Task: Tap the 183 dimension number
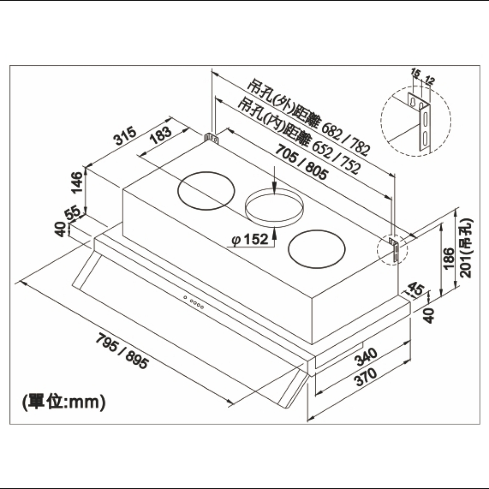click(x=161, y=135)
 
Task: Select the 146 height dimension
click(x=78, y=182)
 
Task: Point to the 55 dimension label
click(x=73, y=213)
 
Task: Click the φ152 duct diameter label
click(x=250, y=239)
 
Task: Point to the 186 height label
click(x=449, y=258)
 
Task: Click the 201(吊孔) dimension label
click(x=466, y=248)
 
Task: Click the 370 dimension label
click(x=367, y=377)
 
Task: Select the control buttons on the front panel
click(x=193, y=302)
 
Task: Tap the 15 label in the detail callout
click(x=415, y=73)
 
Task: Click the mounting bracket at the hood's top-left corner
click(x=212, y=139)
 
